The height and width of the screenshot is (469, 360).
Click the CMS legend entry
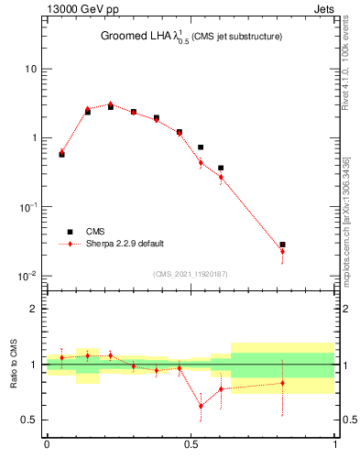93,232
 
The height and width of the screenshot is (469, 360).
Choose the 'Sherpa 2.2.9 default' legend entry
124,244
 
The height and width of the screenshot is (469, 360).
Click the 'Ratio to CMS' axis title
13,364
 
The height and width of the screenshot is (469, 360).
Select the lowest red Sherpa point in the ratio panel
201,406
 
